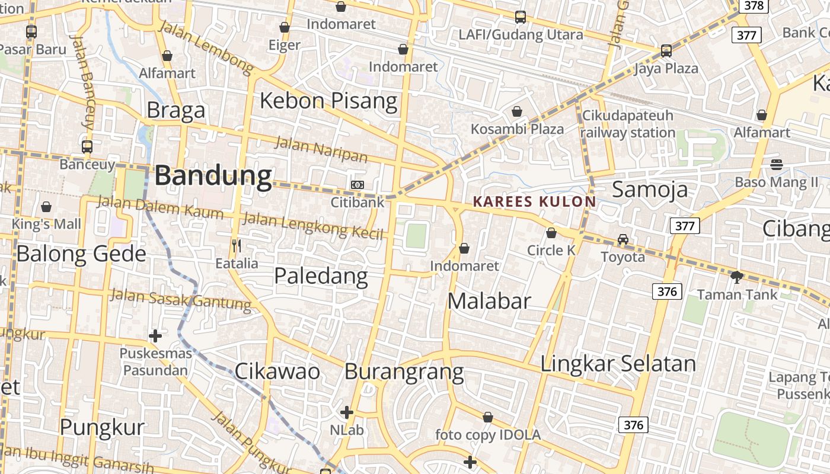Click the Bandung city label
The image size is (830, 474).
213,176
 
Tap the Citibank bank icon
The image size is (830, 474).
357,185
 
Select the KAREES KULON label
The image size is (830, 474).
534,201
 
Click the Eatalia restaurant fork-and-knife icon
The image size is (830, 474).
237,245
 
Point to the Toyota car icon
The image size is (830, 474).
622,239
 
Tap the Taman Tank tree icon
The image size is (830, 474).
737,277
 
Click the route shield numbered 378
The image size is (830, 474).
754,6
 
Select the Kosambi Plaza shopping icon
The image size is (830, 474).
517,111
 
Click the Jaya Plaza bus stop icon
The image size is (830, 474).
666,51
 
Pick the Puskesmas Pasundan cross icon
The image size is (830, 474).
155,336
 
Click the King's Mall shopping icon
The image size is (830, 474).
46,207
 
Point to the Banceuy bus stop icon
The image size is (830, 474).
87,146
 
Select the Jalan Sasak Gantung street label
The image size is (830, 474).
181,299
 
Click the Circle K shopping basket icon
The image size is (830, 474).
551,233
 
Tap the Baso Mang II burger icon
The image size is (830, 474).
776,164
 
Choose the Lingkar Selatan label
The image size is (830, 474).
618,363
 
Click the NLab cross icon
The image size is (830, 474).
347,412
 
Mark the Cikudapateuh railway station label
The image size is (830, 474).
628,123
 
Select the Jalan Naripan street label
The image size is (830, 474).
321,148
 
